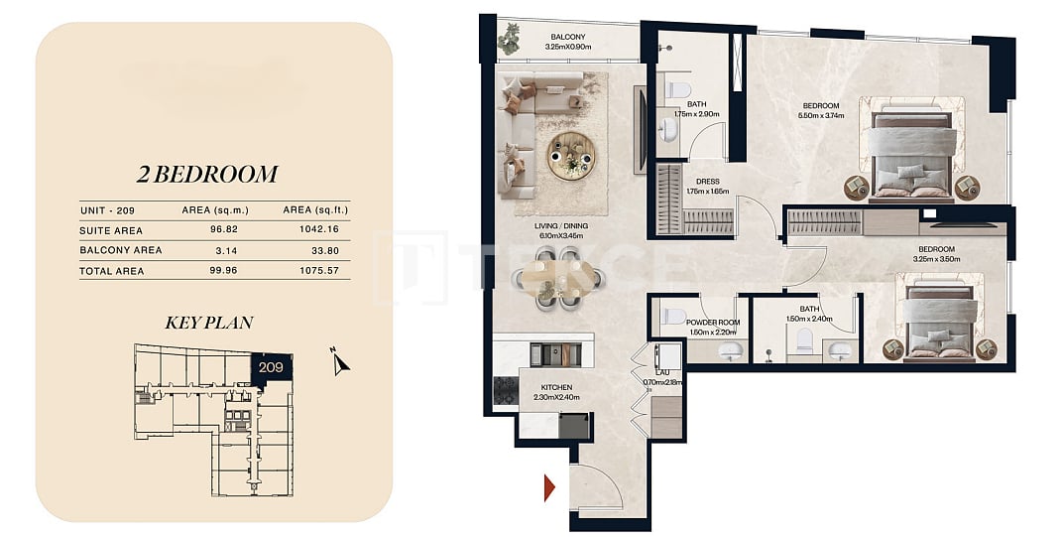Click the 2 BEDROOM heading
[207, 175]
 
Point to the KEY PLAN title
[208, 323]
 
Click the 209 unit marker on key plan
[272, 366]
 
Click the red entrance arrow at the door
[549, 487]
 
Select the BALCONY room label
[567, 37]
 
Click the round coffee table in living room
[571, 155]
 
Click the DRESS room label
[707, 182]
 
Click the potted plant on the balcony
[510, 39]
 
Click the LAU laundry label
[657, 373]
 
